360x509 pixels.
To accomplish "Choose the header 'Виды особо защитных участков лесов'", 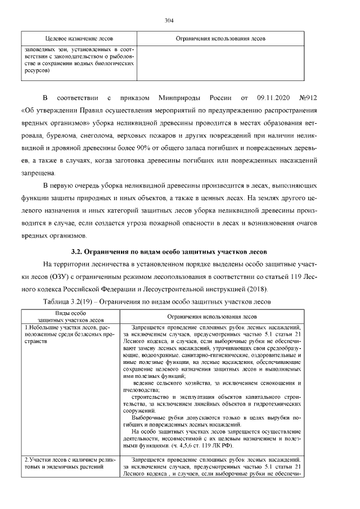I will (70, 316).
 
